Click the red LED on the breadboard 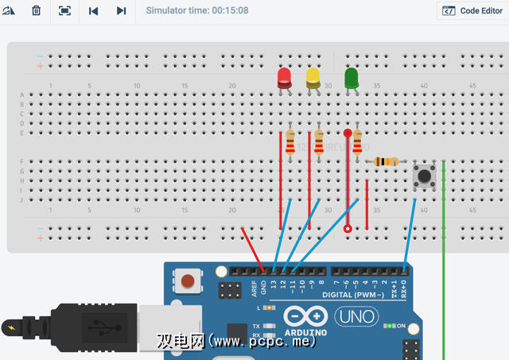coord(284,78)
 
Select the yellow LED coord(313,77)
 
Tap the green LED coord(352,77)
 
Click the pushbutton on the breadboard coord(424,175)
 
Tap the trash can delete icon coord(37,11)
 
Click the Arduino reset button coord(188,281)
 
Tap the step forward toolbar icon coord(121,11)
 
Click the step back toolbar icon coord(94,11)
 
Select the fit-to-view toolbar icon coord(64,11)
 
